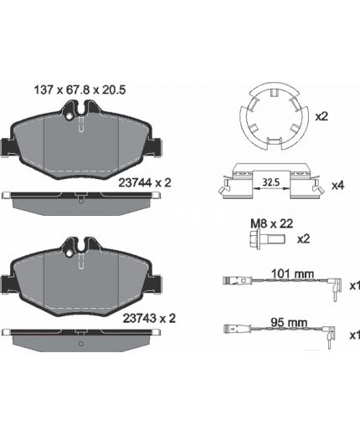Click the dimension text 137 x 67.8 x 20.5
coord(80,90)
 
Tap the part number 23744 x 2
coord(145,183)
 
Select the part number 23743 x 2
coord(149,319)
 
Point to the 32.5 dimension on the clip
coord(271,182)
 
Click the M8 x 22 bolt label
coord(272,223)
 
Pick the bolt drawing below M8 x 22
coord(267,239)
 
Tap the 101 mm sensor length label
coord(292,274)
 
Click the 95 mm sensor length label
coord(289,323)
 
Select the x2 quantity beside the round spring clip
coord(321,116)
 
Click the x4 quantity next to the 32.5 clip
coord(337,186)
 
